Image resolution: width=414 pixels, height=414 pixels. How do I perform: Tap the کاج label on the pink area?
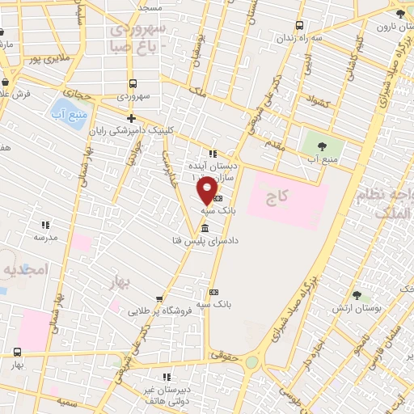[x=281, y=197]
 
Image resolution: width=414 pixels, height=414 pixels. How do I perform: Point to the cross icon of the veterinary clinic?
[x=131, y=118]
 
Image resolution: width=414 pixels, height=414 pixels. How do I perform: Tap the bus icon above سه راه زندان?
[x=300, y=26]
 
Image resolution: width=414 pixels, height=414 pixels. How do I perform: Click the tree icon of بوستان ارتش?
[x=357, y=296]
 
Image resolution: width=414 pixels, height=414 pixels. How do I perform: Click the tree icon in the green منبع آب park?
[x=323, y=146]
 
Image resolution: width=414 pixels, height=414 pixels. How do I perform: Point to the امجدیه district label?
[x=26, y=268]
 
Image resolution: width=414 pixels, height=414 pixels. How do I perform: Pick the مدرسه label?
[x=44, y=238]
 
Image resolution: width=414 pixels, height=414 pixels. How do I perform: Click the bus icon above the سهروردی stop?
[x=132, y=83]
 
